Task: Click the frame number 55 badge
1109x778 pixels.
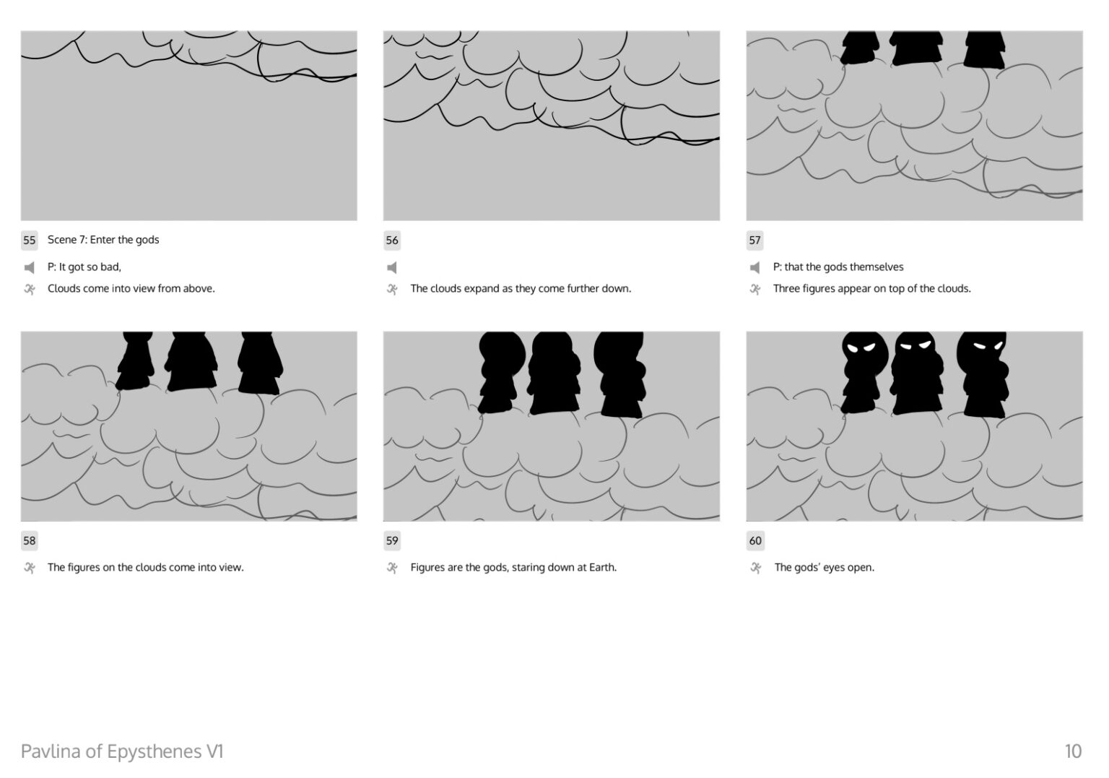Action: click(29, 241)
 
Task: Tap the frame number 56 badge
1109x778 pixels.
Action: click(391, 241)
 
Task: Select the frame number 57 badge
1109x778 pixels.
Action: click(754, 241)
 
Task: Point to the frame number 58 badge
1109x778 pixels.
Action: click(29, 541)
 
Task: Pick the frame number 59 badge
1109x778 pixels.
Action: click(391, 541)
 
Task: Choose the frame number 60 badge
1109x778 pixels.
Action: click(755, 541)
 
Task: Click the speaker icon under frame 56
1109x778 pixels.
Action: click(391, 268)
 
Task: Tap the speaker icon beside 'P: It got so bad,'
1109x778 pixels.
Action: click(29, 268)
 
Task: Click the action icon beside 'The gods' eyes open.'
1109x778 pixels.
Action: click(755, 568)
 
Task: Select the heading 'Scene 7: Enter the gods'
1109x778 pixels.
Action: click(103, 240)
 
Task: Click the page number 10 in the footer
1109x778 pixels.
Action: click(1073, 751)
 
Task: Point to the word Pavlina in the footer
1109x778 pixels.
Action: click(51, 751)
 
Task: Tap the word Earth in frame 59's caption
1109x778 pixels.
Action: click(603, 568)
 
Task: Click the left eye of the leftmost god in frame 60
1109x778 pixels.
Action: click(852, 348)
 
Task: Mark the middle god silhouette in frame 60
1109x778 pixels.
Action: click(916, 373)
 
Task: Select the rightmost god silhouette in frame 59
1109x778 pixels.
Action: click(620, 375)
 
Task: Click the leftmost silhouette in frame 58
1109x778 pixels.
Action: click(135, 360)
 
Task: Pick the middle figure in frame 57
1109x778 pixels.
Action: click(916, 48)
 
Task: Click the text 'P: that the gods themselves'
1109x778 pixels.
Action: click(838, 267)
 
